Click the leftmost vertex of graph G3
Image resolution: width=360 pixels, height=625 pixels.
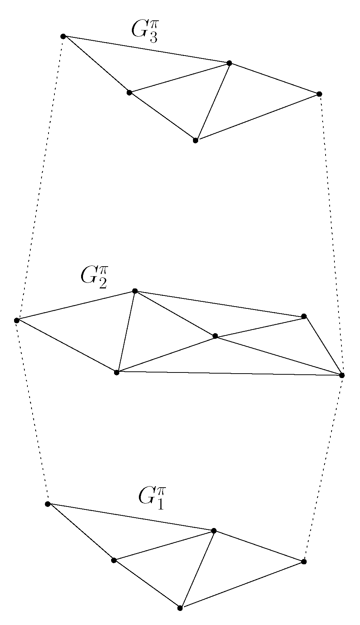pos(63,36)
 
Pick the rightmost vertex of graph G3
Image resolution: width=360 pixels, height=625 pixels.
pos(319,94)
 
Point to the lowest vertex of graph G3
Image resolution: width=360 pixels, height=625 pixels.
pos(196,140)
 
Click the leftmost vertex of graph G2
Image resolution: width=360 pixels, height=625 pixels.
pos(17,320)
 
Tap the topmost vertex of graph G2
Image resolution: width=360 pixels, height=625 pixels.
pos(135,291)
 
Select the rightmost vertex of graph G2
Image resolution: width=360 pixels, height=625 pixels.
pos(341,375)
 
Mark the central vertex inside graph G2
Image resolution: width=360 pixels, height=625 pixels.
pos(215,336)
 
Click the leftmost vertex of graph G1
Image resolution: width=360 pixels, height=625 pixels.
pos(47,504)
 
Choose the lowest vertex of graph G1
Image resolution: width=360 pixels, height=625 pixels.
pos(180,608)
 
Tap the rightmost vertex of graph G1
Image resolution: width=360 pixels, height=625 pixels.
pos(304,562)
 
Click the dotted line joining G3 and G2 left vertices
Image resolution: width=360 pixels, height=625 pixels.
pos(40,178)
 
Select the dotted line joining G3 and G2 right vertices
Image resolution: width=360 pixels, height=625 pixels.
pos(330,233)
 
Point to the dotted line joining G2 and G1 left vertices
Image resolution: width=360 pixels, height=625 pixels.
pos(32,411)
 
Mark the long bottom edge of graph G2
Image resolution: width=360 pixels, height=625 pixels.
pos(230,373)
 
